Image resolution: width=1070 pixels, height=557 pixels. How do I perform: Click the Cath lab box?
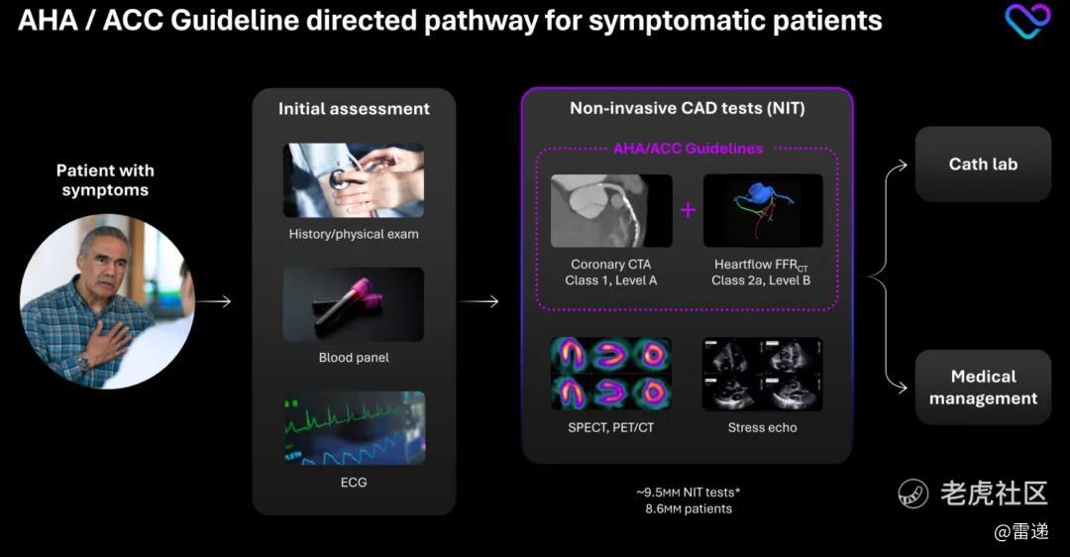[982, 165]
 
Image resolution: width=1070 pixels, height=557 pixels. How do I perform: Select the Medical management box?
[982, 388]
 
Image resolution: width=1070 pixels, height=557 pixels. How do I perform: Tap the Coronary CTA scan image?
[611, 211]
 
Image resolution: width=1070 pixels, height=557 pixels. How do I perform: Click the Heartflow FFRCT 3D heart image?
[763, 211]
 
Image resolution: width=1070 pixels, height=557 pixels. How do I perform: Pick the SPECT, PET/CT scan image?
[611, 374]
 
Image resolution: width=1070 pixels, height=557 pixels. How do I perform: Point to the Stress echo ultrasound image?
[762, 374]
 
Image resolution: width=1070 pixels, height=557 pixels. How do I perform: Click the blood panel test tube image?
[354, 304]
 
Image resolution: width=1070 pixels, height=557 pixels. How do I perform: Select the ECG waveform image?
[354, 428]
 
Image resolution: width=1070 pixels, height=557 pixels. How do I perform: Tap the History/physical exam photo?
[354, 180]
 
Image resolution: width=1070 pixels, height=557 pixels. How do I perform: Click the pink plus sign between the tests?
[688, 210]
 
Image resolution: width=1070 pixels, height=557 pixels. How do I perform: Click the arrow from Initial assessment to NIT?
[480, 301]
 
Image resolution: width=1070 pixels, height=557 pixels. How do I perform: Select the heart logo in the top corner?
[1027, 21]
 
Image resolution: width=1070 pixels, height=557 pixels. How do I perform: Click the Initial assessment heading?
[354, 109]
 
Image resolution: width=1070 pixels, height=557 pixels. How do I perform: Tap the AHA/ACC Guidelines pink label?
[688, 149]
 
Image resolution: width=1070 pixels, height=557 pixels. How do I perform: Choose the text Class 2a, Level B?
[761, 280]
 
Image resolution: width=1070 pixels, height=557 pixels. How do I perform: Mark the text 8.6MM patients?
[688, 509]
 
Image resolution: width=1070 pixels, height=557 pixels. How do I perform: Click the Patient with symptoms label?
[105, 180]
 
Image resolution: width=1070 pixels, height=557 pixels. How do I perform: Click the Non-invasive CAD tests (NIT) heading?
[687, 108]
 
